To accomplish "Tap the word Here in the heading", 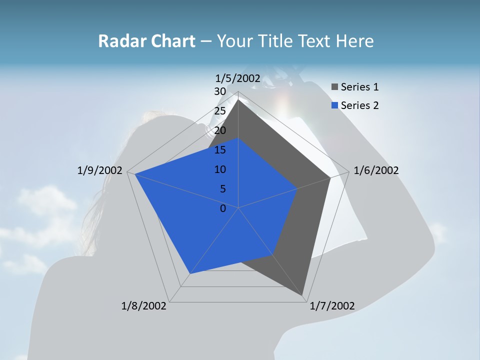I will [x=355, y=41].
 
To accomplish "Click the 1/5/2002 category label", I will [x=238, y=78].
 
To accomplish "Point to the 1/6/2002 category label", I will [x=376, y=170].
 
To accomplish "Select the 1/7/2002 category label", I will [x=332, y=305].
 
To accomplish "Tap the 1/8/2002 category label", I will [x=144, y=305].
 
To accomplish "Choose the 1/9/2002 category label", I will [x=100, y=170].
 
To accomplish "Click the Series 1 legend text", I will [x=359, y=87].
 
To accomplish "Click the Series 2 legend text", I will [x=359, y=105].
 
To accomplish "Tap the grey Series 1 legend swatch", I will [x=334, y=87].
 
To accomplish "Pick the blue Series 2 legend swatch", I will [x=334, y=105].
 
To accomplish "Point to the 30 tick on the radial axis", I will [x=219, y=91].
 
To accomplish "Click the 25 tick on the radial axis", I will [x=219, y=111].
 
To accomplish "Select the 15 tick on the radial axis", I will [x=219, y=150].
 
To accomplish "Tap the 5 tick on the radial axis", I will [x=222, y=189].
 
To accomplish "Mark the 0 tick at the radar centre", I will [x=223, y=208].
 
